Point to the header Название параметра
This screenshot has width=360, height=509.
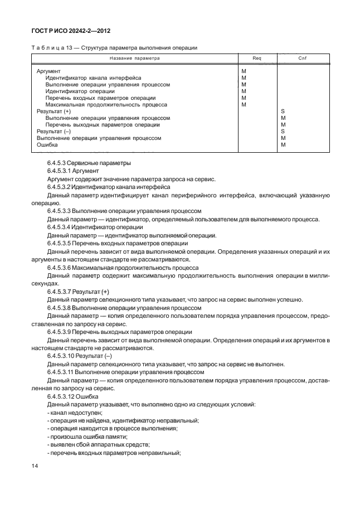134,58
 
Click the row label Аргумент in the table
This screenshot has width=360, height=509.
48,72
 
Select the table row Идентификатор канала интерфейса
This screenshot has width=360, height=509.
93,79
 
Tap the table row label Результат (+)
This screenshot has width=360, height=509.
53,112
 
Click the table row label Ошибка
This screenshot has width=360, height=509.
47,144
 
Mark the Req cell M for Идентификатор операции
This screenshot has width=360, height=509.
244,91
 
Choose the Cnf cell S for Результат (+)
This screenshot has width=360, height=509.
283,112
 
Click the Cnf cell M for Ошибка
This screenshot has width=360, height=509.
283,144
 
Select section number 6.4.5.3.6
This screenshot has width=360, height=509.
63,268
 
